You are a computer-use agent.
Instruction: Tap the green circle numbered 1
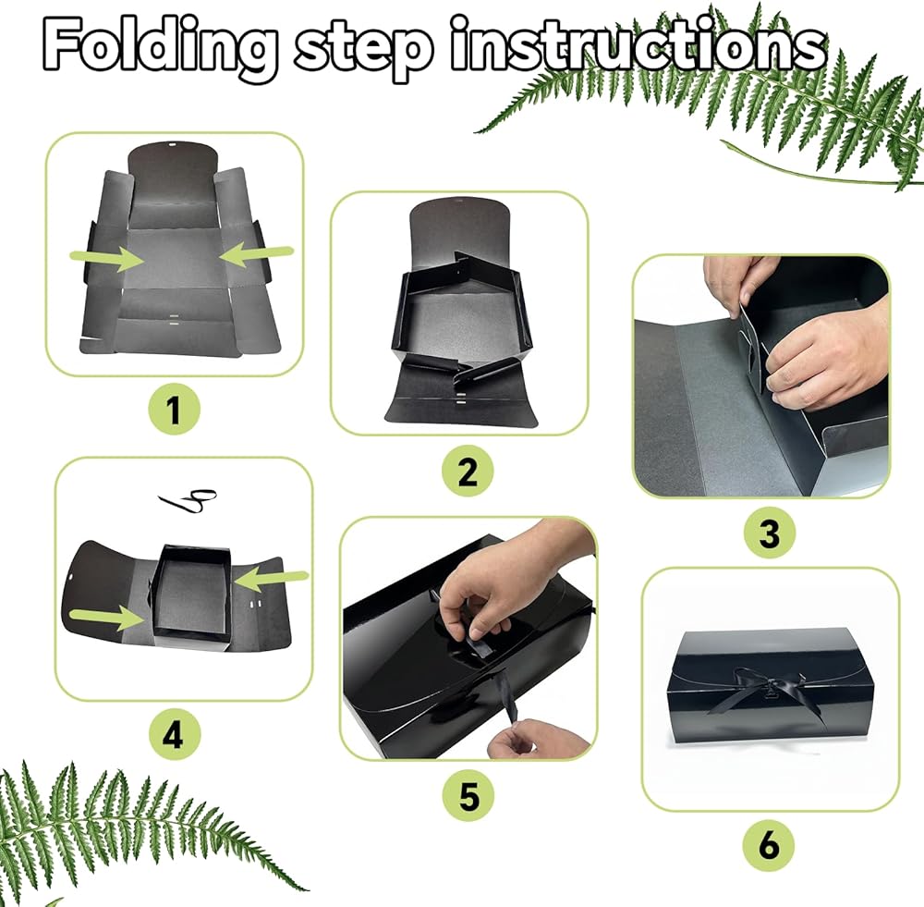[174, 409]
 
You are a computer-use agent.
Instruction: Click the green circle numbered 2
[468, 472]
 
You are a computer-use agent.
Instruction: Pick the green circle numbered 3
[769, 533]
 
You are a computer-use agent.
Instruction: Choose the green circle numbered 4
[173, 735]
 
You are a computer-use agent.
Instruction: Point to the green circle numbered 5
[468, 795]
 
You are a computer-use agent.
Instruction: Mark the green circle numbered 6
[769, 844]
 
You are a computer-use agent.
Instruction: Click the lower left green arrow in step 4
[106, 617]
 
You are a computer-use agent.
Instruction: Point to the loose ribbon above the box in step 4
[188, 500]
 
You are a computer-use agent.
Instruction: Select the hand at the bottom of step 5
[538, 739]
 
